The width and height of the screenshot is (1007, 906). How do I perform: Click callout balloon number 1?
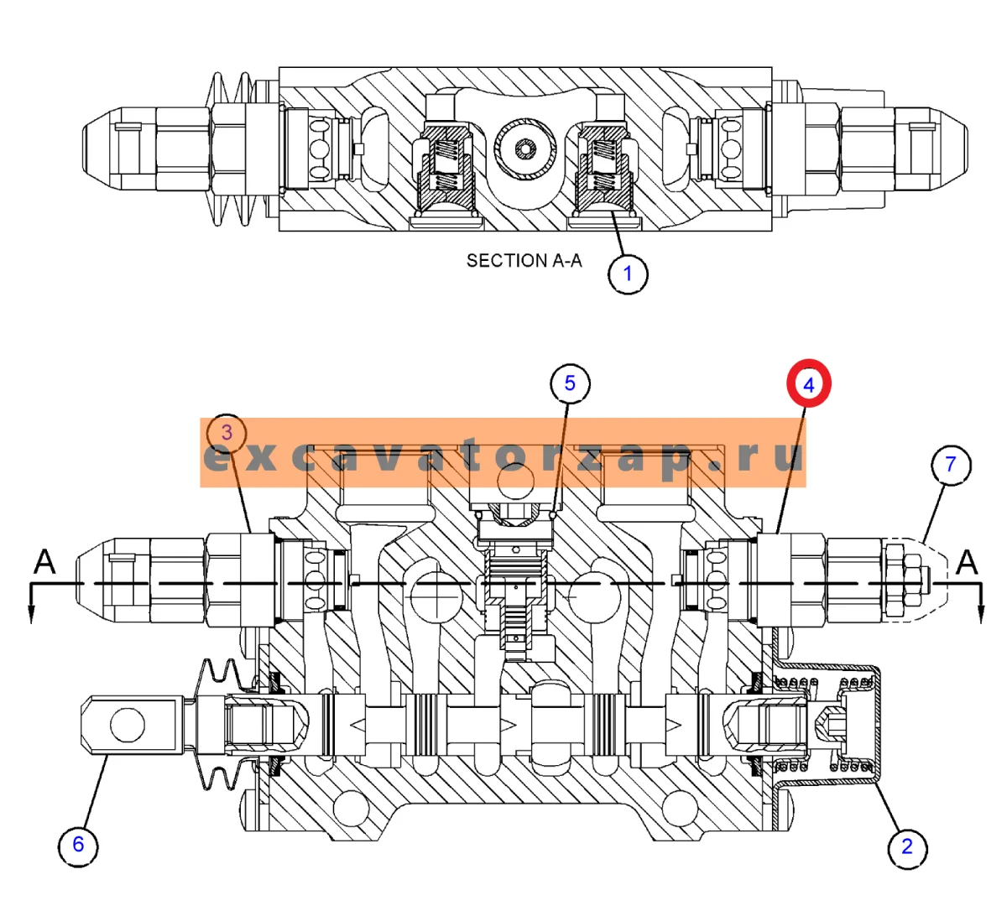627,274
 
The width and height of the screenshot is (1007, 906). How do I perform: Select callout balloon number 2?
907,847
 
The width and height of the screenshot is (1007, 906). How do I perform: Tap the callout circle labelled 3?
227,433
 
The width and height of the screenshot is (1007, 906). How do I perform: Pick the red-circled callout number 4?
809,384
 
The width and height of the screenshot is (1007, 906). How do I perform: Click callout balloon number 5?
570,383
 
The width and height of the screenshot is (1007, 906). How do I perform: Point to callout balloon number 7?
951,465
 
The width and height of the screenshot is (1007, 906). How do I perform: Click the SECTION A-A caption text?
524,261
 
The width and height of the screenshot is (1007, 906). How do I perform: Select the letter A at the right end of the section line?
967,562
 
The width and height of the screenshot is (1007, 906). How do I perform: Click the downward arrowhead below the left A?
32,614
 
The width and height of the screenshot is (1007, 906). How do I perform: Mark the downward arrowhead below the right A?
981,614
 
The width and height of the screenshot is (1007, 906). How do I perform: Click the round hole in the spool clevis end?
128,725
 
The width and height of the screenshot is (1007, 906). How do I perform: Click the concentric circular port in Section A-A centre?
525,149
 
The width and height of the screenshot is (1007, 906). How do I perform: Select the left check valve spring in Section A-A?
446,164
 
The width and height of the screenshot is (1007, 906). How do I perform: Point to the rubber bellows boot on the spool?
225,725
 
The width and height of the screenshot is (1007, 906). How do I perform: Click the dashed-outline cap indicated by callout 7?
915,580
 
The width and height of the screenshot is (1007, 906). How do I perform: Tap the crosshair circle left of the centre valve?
436,597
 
